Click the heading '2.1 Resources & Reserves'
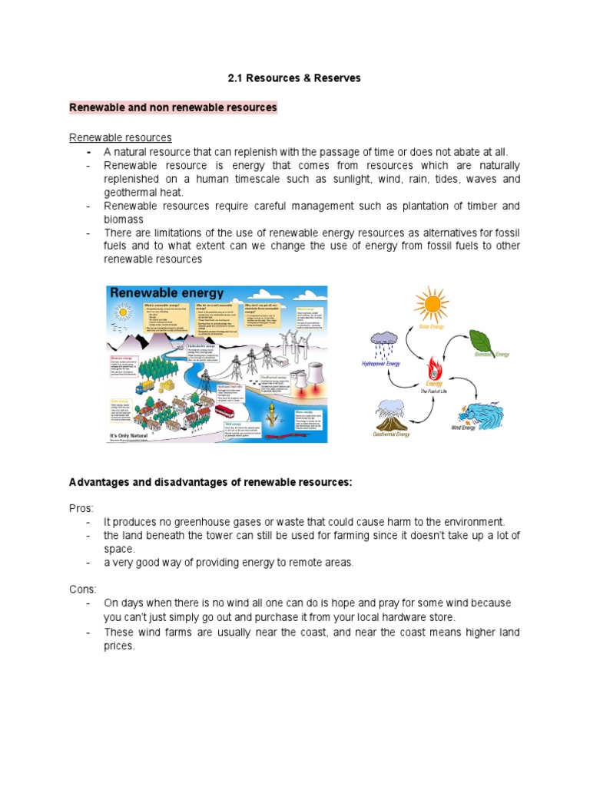pos(294,78)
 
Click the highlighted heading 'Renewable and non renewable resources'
pos(173,107)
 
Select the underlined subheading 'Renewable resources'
pos(120,137)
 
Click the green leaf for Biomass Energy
pos(484,340)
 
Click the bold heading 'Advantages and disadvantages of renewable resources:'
pos(210,482)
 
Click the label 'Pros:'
pos(82,508)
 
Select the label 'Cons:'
pos(83,589)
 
